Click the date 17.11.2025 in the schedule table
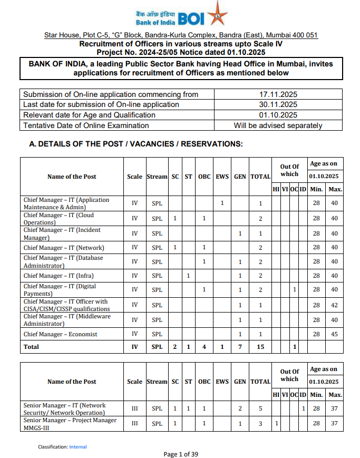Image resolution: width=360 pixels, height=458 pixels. tap(278, 94)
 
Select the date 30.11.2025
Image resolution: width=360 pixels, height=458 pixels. tap(278, 104)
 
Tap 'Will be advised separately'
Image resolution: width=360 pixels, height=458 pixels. tap(278, 125)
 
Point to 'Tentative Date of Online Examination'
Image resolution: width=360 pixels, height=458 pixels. tap(86, 125)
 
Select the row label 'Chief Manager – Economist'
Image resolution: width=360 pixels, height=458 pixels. tap(60, 334)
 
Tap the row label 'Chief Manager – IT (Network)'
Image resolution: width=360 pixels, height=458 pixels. tap(64, 248)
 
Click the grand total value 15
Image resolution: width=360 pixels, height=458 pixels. tap(260, 347)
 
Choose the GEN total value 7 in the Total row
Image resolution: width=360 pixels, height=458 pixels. tap(240, 347)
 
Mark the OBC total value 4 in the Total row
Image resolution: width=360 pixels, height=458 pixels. tap(204, 347)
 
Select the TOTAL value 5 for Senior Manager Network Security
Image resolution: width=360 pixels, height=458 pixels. tap(260, 408)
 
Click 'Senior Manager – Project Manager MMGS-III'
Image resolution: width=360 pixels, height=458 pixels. tap(70, 424)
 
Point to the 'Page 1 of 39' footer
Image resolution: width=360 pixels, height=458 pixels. tap(180, 454)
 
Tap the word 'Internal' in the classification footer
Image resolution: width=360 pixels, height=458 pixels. tap(78, 447)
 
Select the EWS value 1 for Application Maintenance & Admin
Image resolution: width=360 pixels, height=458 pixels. tap(222, 203)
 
